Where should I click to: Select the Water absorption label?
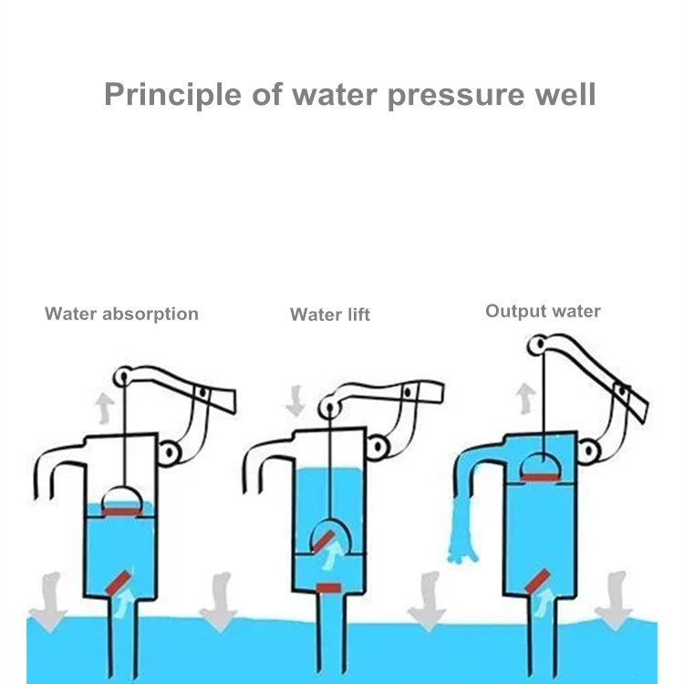121,314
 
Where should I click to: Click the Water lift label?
330,315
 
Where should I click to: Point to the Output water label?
543,311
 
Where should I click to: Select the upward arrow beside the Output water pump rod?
524,398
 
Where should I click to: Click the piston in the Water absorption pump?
120,503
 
